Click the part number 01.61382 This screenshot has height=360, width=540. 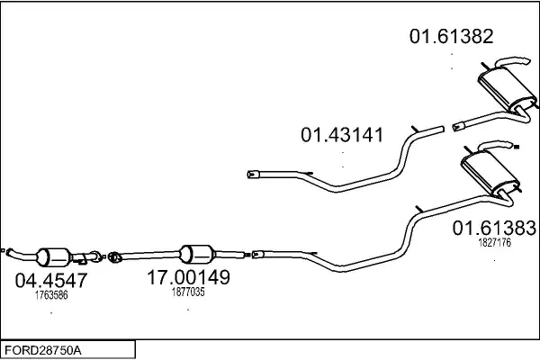452,36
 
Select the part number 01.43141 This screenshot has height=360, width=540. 342,135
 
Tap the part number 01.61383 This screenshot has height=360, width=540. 494,228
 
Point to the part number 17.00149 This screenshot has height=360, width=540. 188,277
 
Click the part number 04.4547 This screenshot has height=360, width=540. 51,280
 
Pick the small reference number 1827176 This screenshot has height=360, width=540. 494,242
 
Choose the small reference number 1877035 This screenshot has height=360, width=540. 188,292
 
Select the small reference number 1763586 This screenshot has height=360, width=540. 51,295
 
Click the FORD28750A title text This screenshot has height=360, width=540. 43,351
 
